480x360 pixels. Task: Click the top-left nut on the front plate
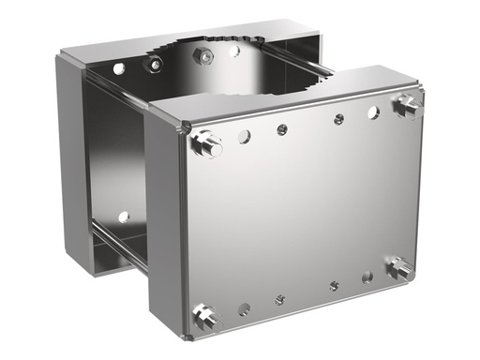[x=206, y=144]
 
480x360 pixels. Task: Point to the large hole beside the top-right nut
[x=373, y=112]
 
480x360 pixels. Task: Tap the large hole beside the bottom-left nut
[x=244, y=307]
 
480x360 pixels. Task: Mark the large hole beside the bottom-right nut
[x=367, y=277]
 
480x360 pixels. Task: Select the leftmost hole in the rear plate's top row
[x=119, y=69]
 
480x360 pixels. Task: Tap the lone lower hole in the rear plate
[x=123, y=217]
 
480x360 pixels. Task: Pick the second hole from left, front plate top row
[x=281, y=129]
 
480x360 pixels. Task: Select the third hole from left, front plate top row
[x=338, y=119]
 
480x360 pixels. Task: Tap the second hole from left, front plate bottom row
[x=279, y=299]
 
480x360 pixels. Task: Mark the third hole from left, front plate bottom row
[x=333, y=286]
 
